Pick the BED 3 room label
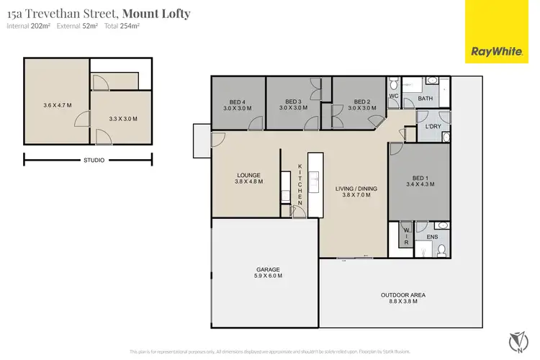(293, 102)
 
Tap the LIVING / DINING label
(357, 189)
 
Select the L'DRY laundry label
(433, 127)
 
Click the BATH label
(426, 99)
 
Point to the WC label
(394, 95)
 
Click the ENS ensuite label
(432, 236)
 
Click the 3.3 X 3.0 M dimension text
(123, 119)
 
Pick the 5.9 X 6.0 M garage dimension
(264, 276)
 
